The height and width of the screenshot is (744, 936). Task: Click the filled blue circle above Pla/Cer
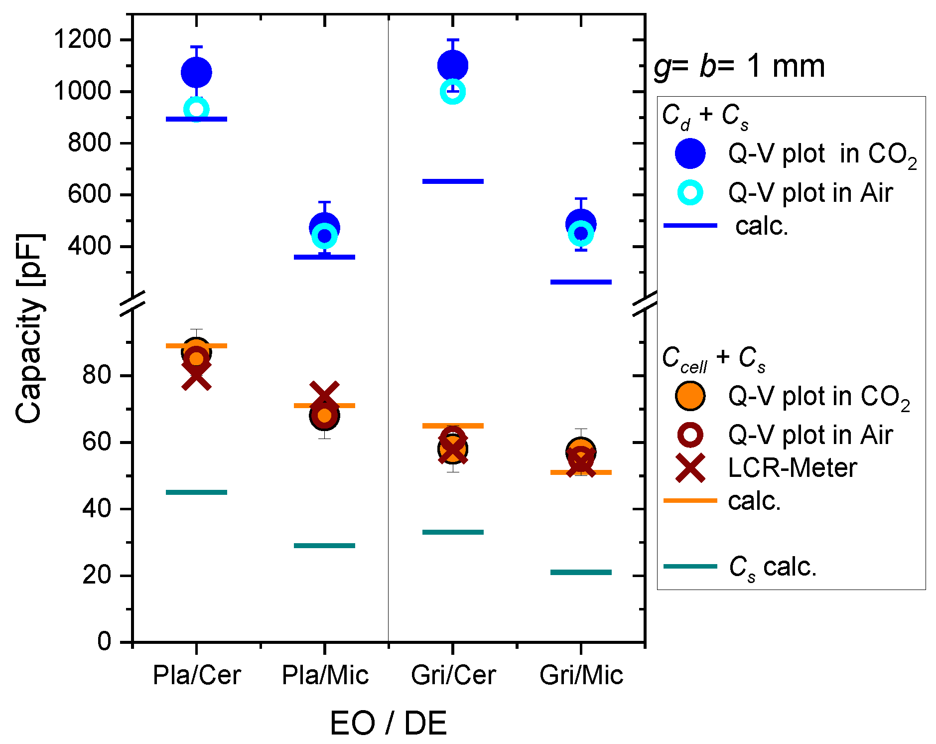pyautogui.click(x=196, y=73)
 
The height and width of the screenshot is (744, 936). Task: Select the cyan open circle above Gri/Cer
pyautogui.click(x=453, y=92)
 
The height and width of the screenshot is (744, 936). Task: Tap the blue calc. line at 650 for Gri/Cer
pyautogui.click(x=453, y=181)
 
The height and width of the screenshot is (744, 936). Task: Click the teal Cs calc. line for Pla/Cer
pyautogui.click(x=196, y=492)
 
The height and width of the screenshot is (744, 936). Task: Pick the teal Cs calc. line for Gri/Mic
pyautogui.click(x=581, y=572)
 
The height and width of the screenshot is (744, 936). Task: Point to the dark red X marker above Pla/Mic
pyautogui.click(x=324, y=393)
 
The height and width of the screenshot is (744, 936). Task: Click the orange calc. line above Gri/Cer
pyautogui.click(x=453, y=426)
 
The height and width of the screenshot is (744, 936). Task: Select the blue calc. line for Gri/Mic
pyautogui.click(x=581, y=282)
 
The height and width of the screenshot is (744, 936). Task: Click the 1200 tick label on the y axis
pyautogui.click(x=83, y=39)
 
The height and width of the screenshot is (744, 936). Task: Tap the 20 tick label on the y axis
pyautogui.click(x=97, y=575)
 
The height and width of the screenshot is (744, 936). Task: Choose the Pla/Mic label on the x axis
pyautogui.click(x=325, y=675)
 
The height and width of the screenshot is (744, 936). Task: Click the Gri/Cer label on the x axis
pyautogui.click(x=453, y=675)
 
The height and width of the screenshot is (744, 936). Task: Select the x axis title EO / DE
pyautogui.click(x=388, y=723)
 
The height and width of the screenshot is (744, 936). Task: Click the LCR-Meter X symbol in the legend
pyautogui.click(x=690, y=468)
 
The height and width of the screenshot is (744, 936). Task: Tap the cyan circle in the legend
pyautogui.click(x=690, y=192)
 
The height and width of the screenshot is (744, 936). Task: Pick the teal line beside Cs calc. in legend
pyautogui.click(x=690, y=567)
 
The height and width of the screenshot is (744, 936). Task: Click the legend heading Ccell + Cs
pyautogui.click(x=713, y=358)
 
